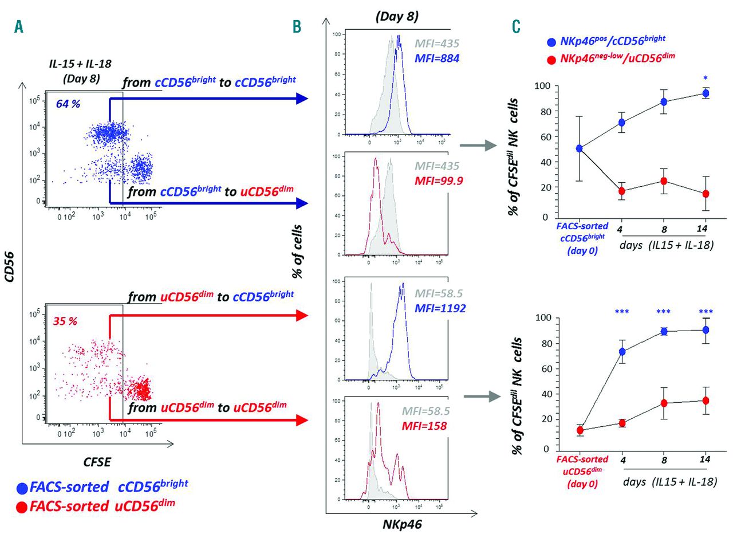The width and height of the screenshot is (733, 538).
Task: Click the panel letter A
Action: click(18, 27)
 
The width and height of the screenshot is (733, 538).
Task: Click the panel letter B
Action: click(296, 27)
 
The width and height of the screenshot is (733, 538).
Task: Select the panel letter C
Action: click(516, 27)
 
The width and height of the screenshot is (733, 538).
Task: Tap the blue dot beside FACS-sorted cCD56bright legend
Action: click(21, 488)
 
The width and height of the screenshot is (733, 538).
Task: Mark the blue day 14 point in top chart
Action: click(706, 93)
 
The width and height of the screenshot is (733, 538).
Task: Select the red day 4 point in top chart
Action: click(621, 191)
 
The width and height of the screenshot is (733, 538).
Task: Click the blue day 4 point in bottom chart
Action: click(621, 352)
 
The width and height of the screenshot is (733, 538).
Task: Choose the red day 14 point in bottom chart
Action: click(706, 400)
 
